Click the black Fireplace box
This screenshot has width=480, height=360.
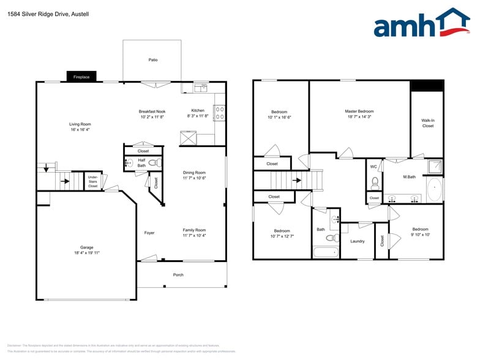tap(81, 77)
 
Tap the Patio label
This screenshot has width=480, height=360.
tap(153, 60)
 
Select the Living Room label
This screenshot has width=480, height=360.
tap(80, 124)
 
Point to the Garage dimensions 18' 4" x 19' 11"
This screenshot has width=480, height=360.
tap(86, 252)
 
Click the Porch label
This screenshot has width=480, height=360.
tap(178, 275)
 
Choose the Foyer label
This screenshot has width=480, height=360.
tap(149, 233)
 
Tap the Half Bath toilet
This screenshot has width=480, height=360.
tap(156, 163)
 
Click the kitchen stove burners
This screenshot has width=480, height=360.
tap(220, 112)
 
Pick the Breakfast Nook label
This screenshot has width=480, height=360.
tap(152, 111)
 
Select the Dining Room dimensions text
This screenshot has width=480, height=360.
tap(194, 178)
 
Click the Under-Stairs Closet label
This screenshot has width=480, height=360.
tap(92, 182)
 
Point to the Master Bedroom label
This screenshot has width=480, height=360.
tap(359, 111)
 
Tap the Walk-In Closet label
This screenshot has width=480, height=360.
tap(427, 123)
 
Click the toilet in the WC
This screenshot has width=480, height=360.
tap(374, 182)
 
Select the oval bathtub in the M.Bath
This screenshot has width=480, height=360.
tap(435, 190)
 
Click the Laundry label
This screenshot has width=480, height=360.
tap(358, 241)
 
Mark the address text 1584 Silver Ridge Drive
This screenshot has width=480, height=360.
tap(37, 13)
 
